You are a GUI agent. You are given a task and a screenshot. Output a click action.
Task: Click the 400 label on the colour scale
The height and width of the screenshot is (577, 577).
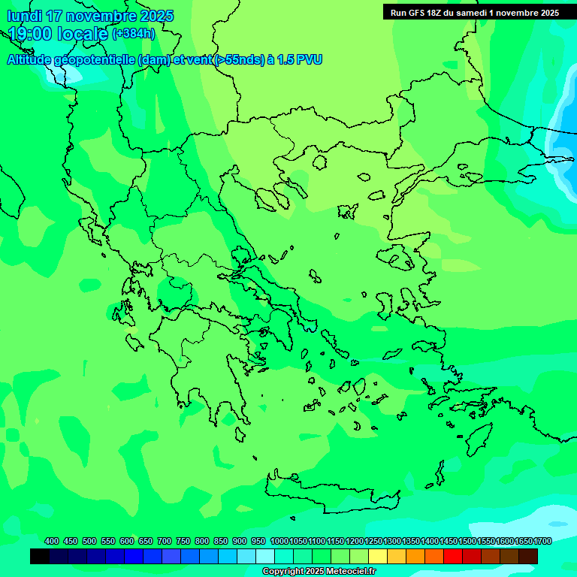pyautogui.click(x=52, y=541)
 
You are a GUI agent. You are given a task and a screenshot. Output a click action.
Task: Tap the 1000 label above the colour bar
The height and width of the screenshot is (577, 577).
pyautogui.click(x=279, y=541)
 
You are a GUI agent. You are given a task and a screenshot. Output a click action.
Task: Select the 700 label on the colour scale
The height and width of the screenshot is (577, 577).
pyautogui.click(x=165, y=541)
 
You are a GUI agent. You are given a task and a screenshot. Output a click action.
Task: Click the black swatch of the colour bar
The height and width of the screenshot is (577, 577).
pyautogui.click(x=40, y=557)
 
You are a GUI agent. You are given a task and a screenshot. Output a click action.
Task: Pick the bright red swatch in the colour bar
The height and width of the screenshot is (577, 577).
pyautogui.click(x=453, y=557)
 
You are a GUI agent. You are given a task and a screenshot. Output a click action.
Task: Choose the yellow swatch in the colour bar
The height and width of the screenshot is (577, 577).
pyautogui.click(x=378, y=557)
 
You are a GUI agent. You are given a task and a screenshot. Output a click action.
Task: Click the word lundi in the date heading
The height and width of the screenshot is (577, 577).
pyautogui.click(x=24, y=16)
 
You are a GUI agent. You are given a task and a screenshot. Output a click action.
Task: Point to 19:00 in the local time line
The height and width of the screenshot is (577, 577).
pyautogui.click(x=31, y=34)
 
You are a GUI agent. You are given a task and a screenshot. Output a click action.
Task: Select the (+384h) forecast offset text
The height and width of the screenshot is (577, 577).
pyautogui.click(x=134, y=34)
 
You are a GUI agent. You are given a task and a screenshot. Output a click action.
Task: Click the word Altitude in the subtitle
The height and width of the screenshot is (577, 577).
pyautogui.click(x=29, y=60)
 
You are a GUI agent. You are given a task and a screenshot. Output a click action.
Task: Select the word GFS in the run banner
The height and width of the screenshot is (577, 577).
pyautogui.click(x=421, y=13)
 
